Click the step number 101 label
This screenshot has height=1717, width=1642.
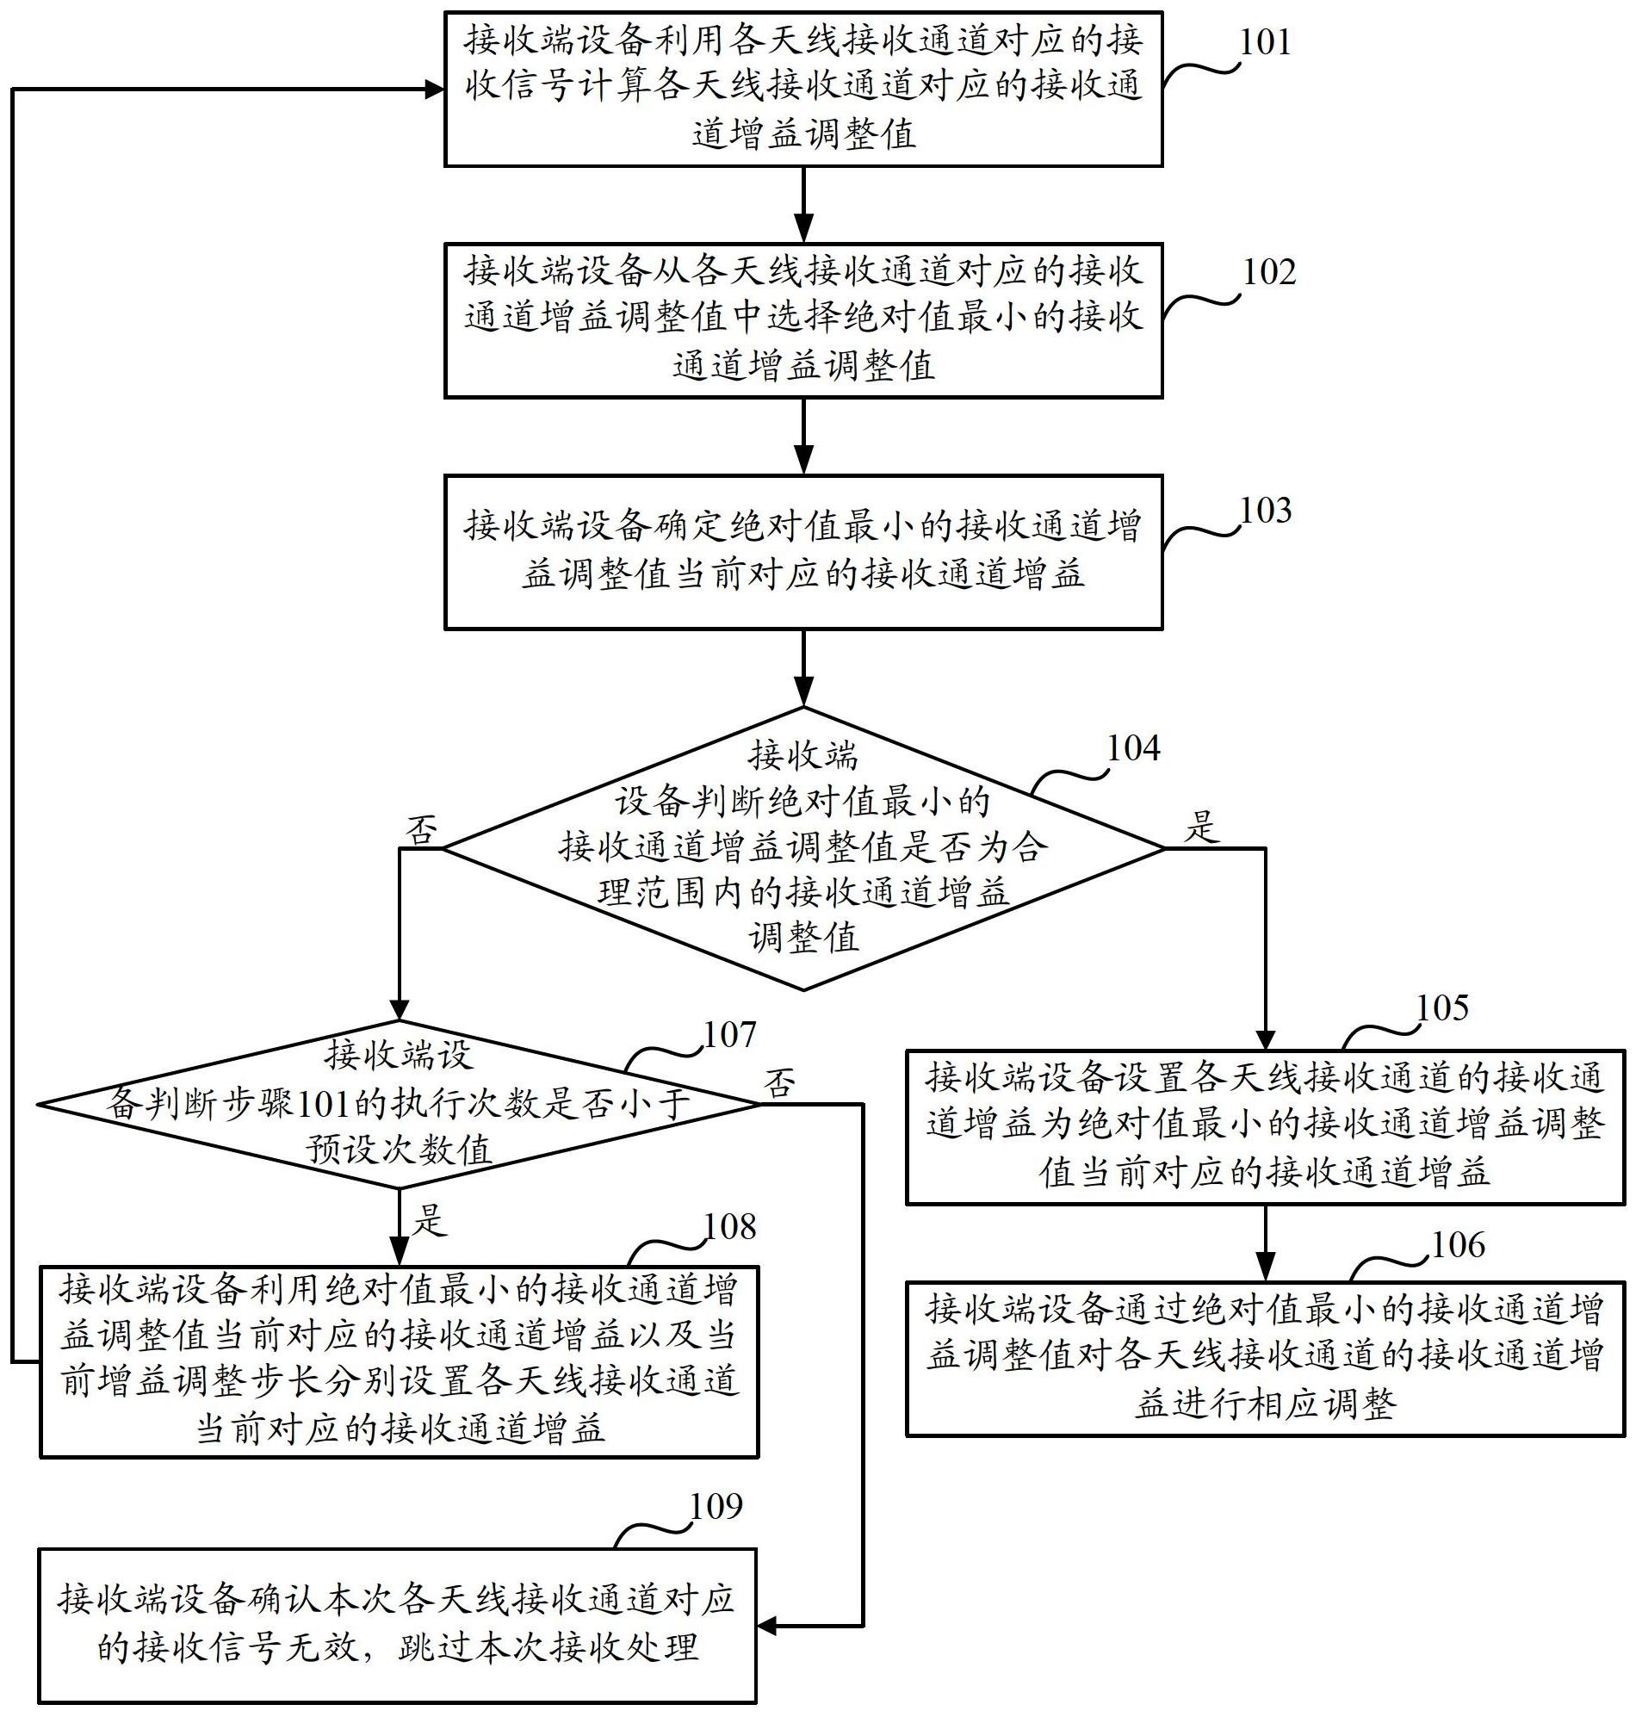[1265, 42]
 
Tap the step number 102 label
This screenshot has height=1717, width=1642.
[1268, 272]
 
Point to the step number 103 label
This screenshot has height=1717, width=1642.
[1266, 511]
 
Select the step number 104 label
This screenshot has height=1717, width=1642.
[1133, 748]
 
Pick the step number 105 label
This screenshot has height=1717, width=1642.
[1441, 1008]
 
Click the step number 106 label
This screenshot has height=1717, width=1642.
[1458, 1245]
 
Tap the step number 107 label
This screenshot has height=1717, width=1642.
[729, 1035]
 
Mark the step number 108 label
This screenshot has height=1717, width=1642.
[730, 1228]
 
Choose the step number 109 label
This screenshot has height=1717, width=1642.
[716, 1506]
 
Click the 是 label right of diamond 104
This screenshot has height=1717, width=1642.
[1202, 826]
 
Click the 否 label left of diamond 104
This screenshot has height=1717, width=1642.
[421, 829]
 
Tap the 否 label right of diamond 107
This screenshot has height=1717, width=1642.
[780, 1083]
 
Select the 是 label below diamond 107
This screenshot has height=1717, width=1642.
[429, 1220]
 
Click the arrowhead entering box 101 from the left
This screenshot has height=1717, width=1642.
[433, 89]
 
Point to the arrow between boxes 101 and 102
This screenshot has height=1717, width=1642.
[803, 205]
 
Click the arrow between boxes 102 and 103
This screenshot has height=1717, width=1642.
[803, 437]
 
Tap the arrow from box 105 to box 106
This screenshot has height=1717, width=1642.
[1265, 1243]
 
